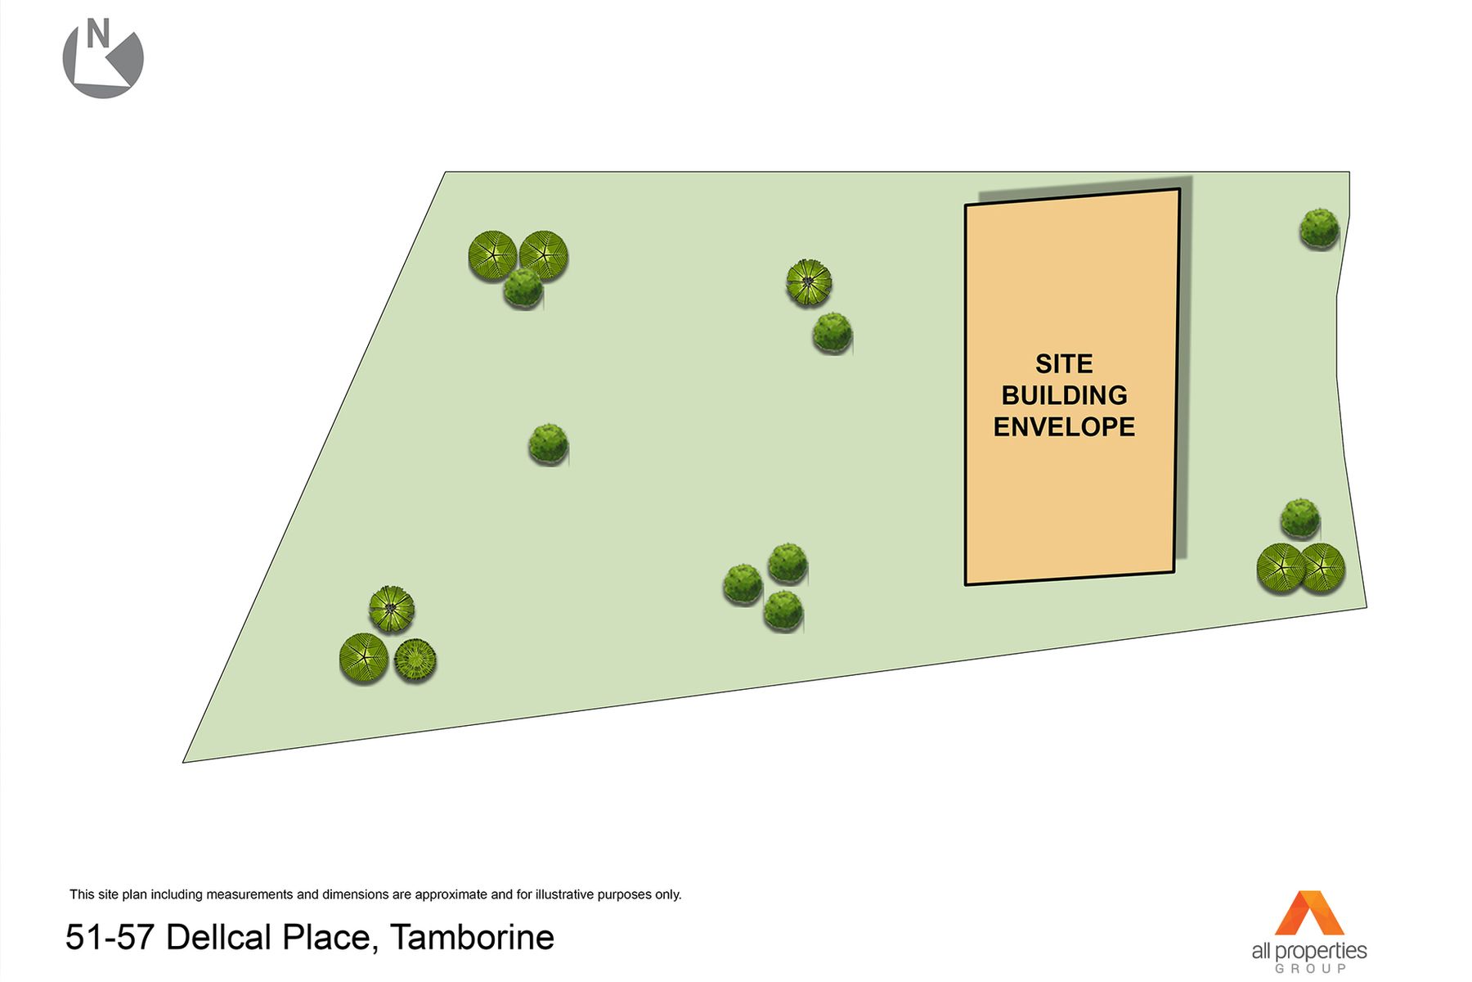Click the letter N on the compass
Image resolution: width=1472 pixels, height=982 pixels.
coord(98,35)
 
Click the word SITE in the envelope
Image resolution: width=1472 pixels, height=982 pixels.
coord(1064,363)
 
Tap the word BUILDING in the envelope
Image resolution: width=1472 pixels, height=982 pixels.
coord(1064,395)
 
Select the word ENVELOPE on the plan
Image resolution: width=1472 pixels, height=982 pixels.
coord(1064,426)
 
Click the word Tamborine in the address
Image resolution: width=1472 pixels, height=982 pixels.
coord(472,938)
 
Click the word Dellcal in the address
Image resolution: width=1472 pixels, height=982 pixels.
coord(218,938)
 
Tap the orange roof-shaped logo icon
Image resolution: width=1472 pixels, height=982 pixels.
coord(1309,912)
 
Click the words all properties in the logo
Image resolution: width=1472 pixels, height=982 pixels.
coord(1309,951)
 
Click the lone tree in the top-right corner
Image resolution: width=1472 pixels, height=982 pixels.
coord(1319,228)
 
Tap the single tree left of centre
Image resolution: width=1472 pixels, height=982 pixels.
coord(548,444)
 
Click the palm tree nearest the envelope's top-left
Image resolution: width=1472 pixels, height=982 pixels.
coord(809,282)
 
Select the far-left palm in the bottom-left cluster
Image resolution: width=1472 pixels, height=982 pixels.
coord(364,658)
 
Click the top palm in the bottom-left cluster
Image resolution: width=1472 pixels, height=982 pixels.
coord(392,609)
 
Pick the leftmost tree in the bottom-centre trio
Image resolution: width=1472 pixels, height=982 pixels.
coord(743,584)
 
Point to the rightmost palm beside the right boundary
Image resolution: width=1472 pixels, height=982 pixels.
coord(1322,568)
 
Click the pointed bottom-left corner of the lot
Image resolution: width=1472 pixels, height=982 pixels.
coord(183,762)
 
